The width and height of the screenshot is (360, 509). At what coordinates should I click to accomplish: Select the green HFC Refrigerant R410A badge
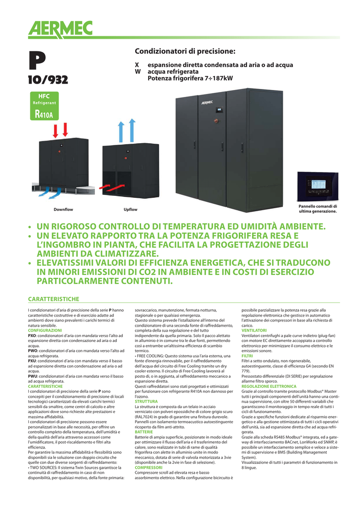click(44, 106)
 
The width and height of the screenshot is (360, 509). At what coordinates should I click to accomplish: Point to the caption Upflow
click(130, 209)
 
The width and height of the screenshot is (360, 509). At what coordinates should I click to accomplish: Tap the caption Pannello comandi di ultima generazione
click(317, 209)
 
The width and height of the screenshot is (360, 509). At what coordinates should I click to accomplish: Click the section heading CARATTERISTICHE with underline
click(53, 299)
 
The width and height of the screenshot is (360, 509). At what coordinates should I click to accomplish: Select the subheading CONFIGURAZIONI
click(45, 331)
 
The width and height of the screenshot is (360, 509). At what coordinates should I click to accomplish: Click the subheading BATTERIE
click(144, 432)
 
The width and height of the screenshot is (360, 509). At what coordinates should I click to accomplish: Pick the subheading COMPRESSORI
click(149, 468)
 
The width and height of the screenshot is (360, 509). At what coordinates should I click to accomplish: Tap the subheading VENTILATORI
click(254, 331)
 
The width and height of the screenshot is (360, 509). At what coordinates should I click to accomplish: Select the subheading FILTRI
click(247, 356)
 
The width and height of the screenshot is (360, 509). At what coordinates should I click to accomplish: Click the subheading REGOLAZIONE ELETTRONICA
click(269, 386)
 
